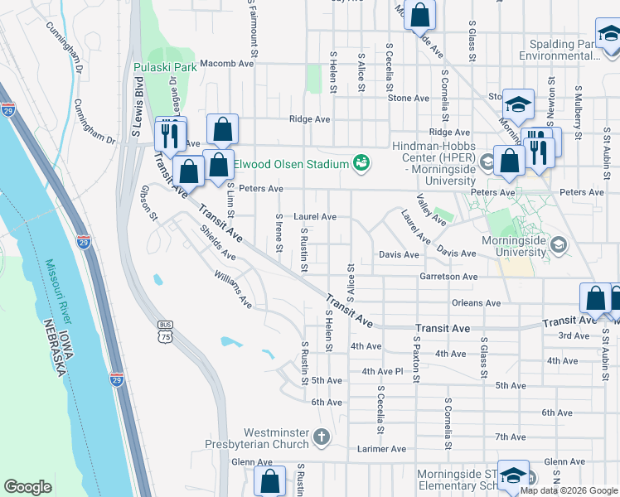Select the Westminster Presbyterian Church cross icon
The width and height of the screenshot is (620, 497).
point(322,436)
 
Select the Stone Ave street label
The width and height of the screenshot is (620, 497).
point(408,98)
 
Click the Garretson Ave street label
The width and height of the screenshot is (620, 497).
point(448,277)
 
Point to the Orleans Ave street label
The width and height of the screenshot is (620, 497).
point(477,303)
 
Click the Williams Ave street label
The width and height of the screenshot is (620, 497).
point(232,288)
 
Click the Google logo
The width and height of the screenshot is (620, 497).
point(27,488)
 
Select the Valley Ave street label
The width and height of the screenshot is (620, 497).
point(432,210)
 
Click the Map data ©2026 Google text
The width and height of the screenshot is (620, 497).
point(569,490)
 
